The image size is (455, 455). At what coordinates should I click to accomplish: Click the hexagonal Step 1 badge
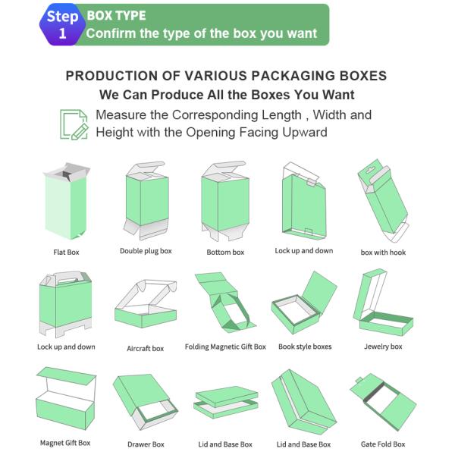tap(61, 24)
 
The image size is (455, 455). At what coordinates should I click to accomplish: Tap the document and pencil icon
tap(74, 124)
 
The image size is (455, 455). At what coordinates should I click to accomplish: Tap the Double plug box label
tap(146, 251)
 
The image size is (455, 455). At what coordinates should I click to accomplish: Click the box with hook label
tap(383, 252)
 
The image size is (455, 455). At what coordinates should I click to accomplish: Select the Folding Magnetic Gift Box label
tap(225, 347)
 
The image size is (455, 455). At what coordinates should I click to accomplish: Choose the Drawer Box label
tap(146, 444)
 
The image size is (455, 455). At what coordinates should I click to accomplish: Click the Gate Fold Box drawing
tap(383, 402)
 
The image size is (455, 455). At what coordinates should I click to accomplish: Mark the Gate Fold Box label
tap(383, 444)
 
